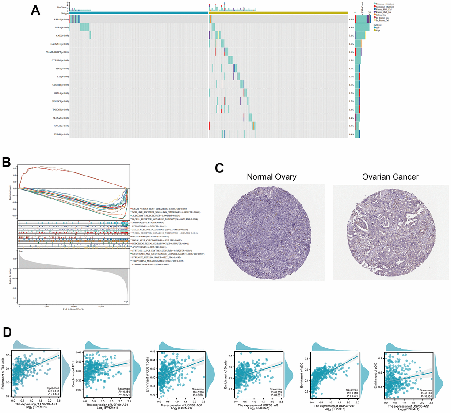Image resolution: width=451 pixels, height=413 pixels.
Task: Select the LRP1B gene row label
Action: (60, 19)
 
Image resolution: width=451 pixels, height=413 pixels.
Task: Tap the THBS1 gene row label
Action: (60, 134)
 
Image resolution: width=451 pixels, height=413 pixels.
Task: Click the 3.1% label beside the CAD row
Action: (352, 36)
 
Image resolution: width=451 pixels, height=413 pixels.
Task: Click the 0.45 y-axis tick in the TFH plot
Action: (86, 352)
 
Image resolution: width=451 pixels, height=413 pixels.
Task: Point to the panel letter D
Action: (7, 332)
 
